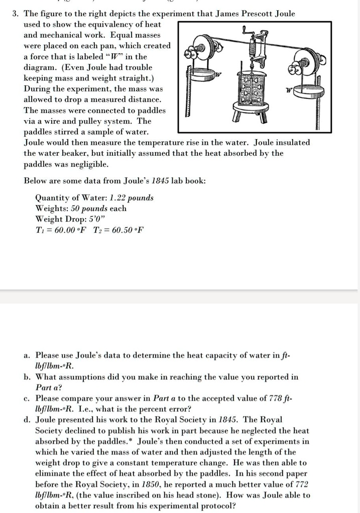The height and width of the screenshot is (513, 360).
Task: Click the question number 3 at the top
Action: pyautogui.click(x=15, y=14)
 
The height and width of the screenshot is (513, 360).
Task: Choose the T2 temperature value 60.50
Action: pyautogui.click(x=119, y=230)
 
